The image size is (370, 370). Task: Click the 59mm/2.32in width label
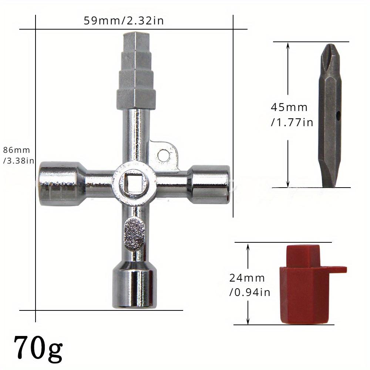click(124, 21)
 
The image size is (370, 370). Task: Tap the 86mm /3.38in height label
click(18, 155)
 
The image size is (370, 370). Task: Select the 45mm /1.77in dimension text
click(292, 115)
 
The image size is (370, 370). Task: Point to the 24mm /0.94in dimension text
click(250, 285)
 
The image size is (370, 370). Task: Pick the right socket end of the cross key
click(209, 184)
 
